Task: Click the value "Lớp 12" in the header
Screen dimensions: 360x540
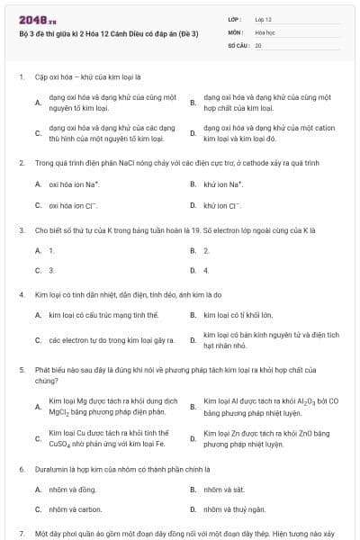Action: click(x=264, y=18)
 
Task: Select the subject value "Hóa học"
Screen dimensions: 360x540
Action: click(x=265, y=31)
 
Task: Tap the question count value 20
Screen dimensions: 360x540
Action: click(x=258, y=44)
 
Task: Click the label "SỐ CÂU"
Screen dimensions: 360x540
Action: click(x=237, y=44)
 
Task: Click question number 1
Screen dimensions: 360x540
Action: click(x=21, y=77)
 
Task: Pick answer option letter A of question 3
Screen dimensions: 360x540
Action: click(x=38, y=250)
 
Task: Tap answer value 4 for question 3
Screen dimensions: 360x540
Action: click(x=206, y=270)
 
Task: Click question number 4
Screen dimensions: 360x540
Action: click(x=21, y=294)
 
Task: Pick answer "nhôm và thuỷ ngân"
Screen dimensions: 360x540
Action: click(x=234, y=509)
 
